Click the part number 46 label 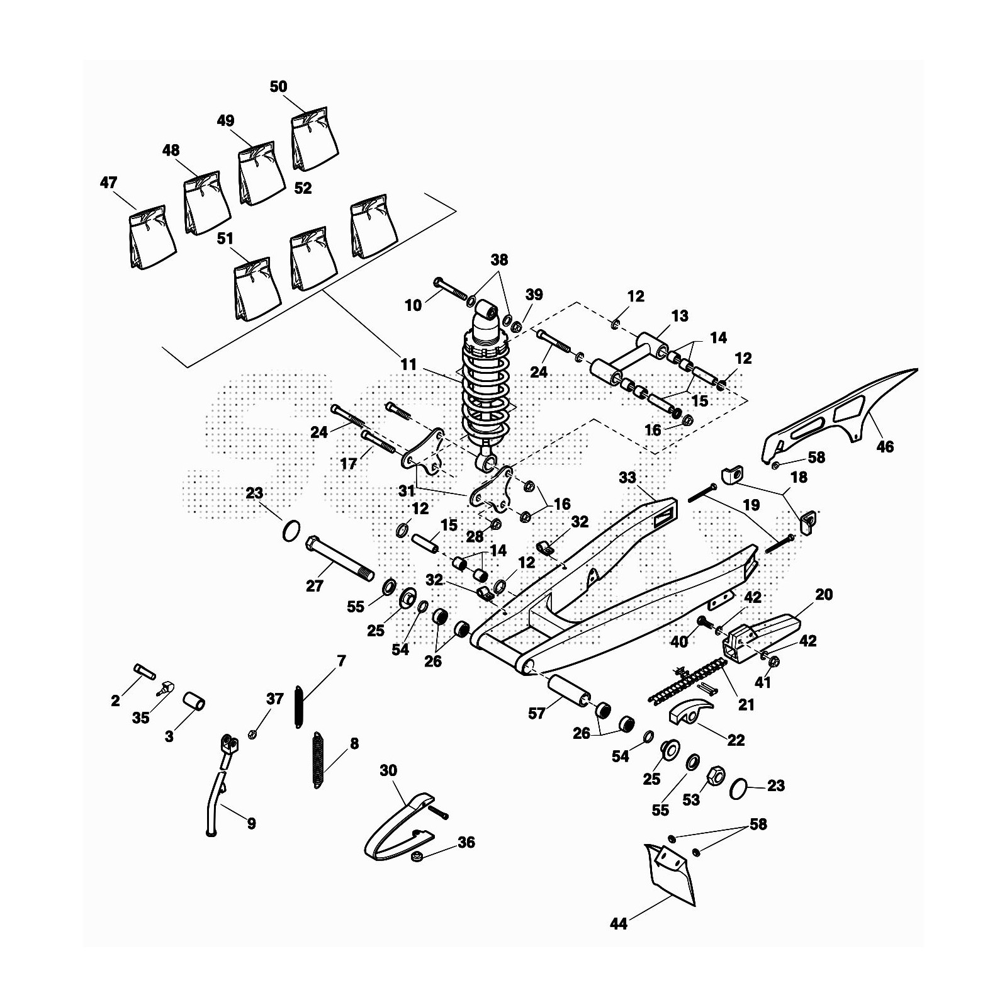pyautogui.click(x=884, y=447)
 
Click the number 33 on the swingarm pyautogui.click(x=627, y=478)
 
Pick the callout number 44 pyautogui.click(x=619, y=925)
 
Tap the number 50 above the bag pyautogui.click(x=278, y=87)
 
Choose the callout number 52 pyautogui.click(x=303, y=188)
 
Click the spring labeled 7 pyautogui.click(x=299, y=707)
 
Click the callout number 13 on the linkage pyautogui.click(x=680, y=315)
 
